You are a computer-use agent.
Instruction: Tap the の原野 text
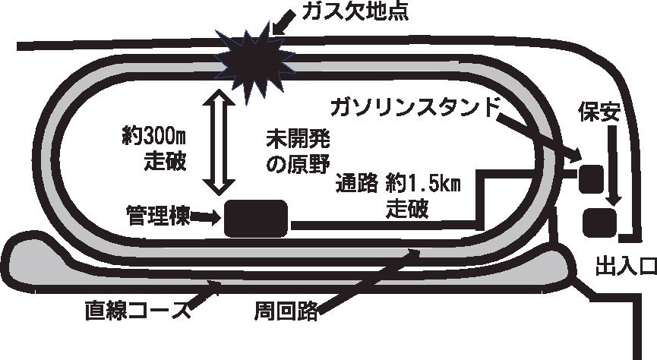[x=295, y=163]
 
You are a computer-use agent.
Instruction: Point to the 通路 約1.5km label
[x=399, y=185]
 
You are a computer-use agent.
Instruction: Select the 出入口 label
[x=625, y=264]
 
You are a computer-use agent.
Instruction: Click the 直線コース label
[x=129, y=311]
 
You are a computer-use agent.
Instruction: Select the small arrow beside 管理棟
[x=205, y=217]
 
